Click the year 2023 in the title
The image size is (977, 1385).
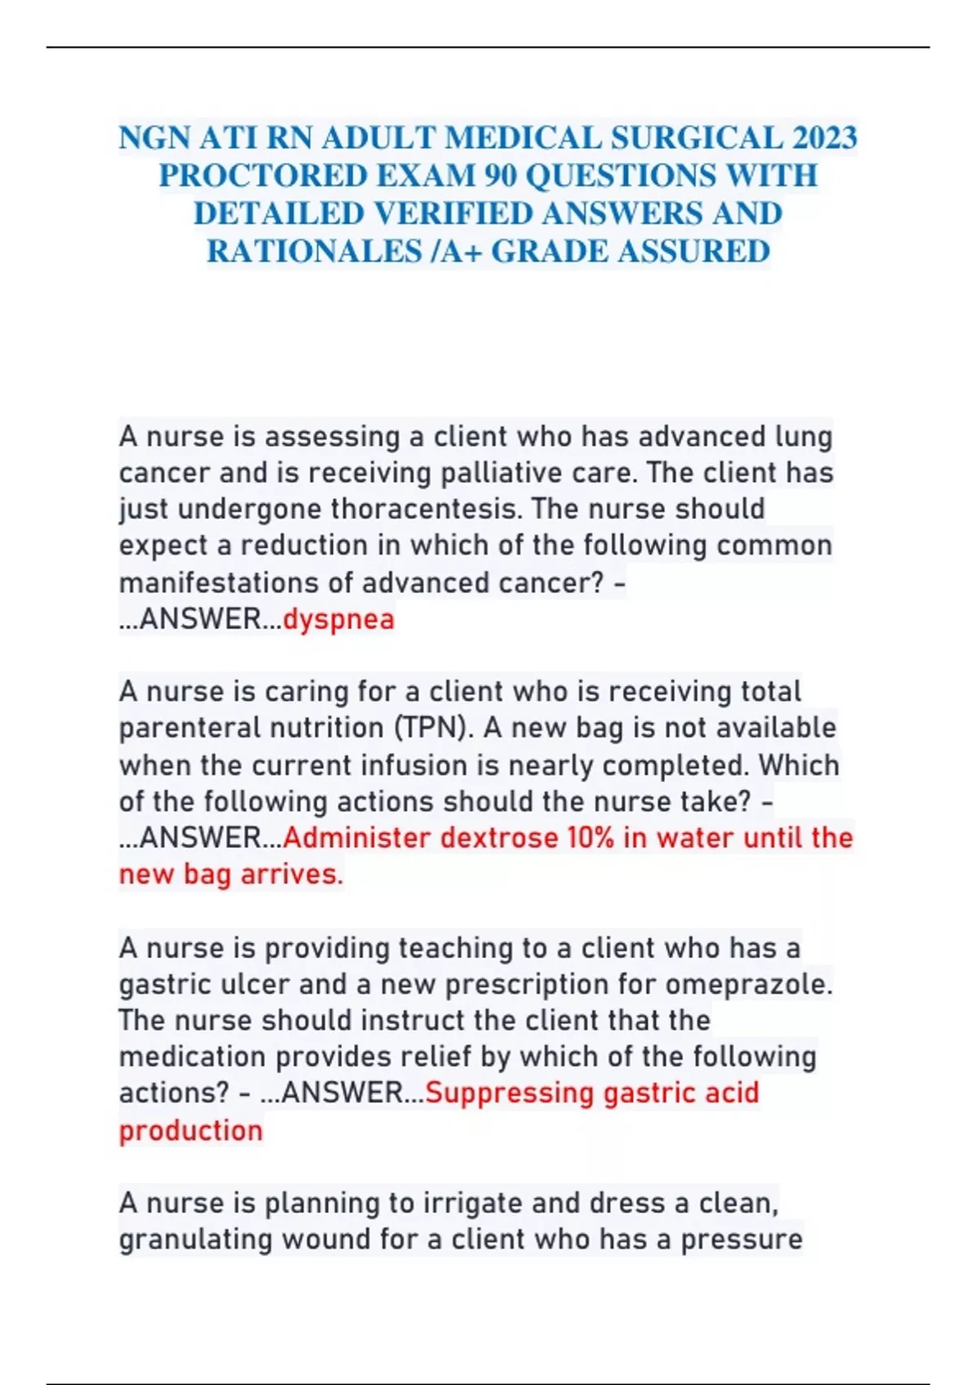tap(825, 138)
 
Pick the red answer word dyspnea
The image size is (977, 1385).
tap(339, 619)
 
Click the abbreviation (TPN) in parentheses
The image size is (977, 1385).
tap(432, 728)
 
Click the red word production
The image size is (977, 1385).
tap(191, 1130)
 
